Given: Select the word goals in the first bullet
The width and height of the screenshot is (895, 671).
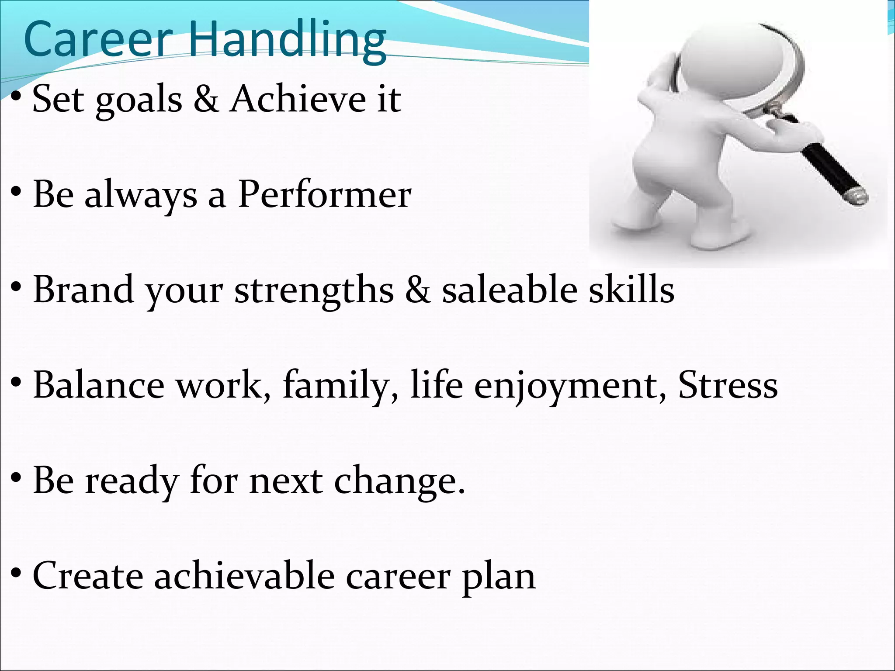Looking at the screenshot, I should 139,101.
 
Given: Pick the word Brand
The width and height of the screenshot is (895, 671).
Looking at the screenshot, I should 83,289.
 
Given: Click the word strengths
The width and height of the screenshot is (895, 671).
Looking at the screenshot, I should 314,291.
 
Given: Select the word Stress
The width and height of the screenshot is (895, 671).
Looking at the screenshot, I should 728,385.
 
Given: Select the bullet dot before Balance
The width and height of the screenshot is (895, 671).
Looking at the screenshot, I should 17,383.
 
